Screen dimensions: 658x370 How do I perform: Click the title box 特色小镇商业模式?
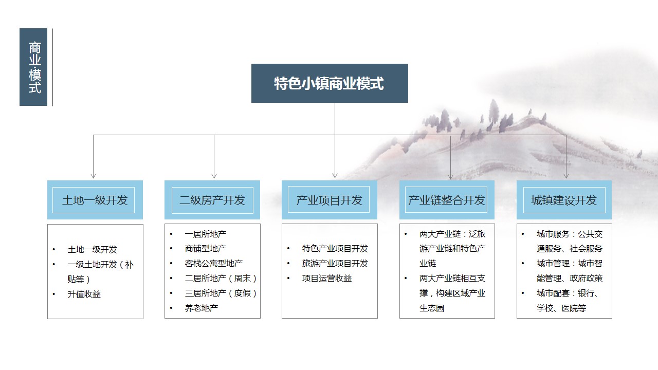coord(330,83)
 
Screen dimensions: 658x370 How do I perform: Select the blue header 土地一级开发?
coord(95,200)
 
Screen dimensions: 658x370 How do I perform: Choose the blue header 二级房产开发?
coord(212,200)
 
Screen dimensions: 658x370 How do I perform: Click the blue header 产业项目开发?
coord(330,200)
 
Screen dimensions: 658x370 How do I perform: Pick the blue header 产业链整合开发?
coord(447,200)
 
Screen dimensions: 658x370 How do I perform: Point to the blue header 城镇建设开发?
coord(564,200)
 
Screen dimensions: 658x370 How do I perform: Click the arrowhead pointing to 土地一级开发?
coord(94,176)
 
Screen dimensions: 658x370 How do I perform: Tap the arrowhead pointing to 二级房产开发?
coord(214,176)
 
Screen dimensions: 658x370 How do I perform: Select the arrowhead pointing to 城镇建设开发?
coord(566,176)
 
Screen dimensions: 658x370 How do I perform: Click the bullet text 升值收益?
coord(84,294)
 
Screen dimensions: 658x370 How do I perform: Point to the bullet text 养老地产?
coord(202,308)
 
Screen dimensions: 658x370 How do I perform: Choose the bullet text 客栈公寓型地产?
coord(214,264)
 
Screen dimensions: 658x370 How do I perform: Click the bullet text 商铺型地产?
coord(206,248)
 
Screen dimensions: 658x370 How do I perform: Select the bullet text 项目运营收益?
coord(327,278)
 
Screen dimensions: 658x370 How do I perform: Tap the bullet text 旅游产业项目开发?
coord(335,264)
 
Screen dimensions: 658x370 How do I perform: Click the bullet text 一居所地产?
coord(206,234)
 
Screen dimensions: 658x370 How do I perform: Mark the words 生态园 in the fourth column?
coord(432,308)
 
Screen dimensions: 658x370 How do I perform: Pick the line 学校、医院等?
coord(561,308)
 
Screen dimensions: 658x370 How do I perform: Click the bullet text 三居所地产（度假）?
coord(221,293)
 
